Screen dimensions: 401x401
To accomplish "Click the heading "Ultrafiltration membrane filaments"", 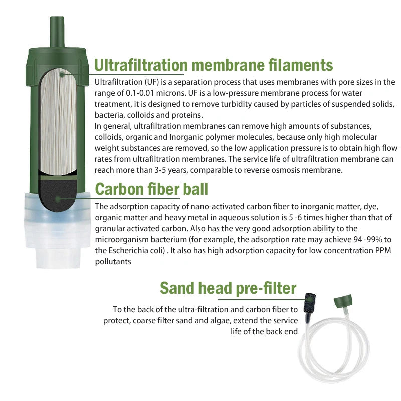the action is pyautogui.click(x=214, y=65).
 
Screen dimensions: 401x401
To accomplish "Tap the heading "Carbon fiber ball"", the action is pyautogui.click(x=151, y=189).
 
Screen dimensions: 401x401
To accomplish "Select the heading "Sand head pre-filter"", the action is pyautogui.click(x=228, y=288).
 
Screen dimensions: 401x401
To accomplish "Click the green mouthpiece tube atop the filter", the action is pyautogui.click(x=57, y=32).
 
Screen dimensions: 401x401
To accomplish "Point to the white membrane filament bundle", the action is pyautogui.click(x=58, y=122).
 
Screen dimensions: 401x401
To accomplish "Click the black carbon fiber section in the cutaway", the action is pyautogui.click(x=58, y=195).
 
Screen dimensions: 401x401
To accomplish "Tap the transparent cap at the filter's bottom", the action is pyautogui.click(x=57, y=230).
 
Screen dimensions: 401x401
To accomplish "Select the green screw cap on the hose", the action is pyautogui.click(x=343, y=301).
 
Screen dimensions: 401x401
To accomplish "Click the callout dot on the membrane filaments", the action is pyautogui.click(x=62, y=75).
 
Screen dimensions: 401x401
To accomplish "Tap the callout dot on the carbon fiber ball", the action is pyautogui.click(x=58, y=199).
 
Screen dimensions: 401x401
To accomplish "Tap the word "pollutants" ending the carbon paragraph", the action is pyautogui.click(x=113, y=262).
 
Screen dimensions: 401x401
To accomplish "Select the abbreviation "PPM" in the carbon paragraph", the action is pyautogui.click(x=383, y=250).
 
